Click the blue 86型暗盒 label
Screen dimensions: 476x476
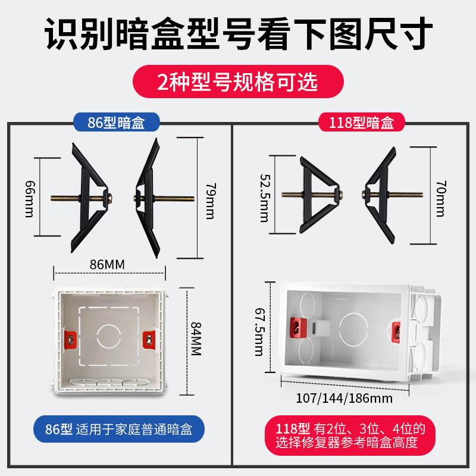tap(117, 123)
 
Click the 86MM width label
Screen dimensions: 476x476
tap(111, 262)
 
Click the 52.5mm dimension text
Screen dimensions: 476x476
tap(264, 198)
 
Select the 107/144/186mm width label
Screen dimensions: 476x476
tap(344, 398)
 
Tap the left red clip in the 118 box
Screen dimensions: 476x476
tap(293, 325)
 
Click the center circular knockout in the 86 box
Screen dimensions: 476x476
tap(109, 336)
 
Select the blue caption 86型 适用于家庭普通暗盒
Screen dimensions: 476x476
tap(117, 429)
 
